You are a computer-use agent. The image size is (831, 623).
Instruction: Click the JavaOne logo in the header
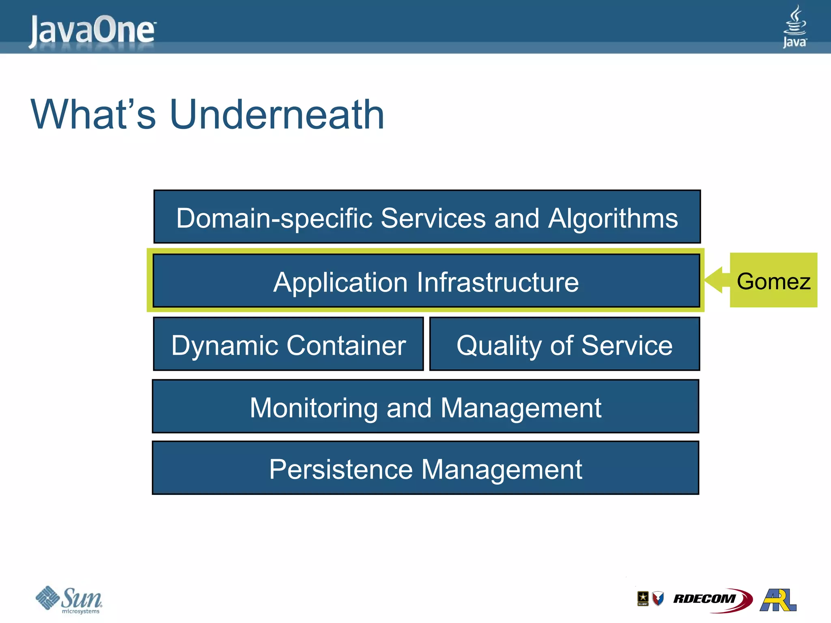pyautogui.click(x=93, y=30)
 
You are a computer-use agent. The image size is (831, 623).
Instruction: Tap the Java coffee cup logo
pyautogui.click(x=794, y=26)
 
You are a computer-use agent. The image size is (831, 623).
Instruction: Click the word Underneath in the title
pyautogui.click(x=277, y=115)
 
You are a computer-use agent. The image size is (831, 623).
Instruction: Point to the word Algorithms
pyautogui.click(x=613, y=218)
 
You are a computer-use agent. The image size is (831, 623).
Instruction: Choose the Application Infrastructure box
pyautogui.click(x=426, y=281)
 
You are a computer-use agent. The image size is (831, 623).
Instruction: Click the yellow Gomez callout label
pyautogui.click(x=773, y=281)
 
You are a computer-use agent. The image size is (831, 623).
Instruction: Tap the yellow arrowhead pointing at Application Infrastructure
pyautogui.click(x=714, y=280)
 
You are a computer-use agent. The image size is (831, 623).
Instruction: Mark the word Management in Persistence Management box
pyautogui.click(x=502, y=470)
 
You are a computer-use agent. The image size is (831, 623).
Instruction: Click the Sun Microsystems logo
pyautogui.click(x=69, y=599)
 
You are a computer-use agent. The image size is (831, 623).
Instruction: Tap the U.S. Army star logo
pyautogui.click(x=643, y=598)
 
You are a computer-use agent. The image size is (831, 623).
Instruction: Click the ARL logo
pyautogui.click(x=778, y=599)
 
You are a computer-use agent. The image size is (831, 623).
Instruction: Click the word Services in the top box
pyautogui.click(x=433, y=218)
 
